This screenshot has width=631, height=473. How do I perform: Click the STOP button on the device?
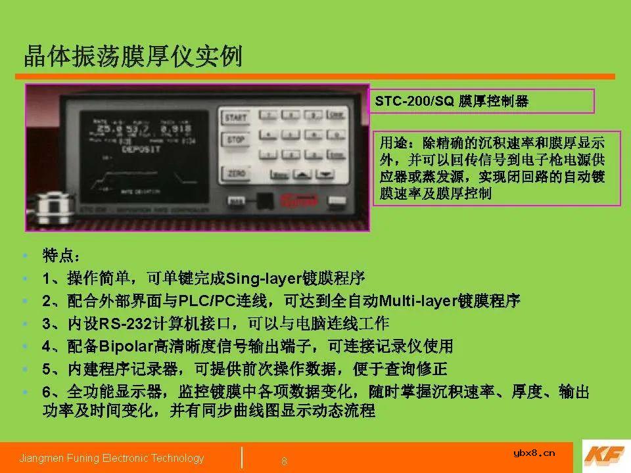(235, 140)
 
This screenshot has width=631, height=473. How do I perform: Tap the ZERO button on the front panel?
(235, 173)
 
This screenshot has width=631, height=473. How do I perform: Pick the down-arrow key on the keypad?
(325, 174)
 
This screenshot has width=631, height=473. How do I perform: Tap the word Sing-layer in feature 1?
(262, 279)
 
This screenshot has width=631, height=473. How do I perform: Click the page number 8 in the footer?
(284, 461)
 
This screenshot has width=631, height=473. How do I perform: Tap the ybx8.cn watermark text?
(533, 452)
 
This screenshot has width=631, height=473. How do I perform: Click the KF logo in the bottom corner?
(601, 456)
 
